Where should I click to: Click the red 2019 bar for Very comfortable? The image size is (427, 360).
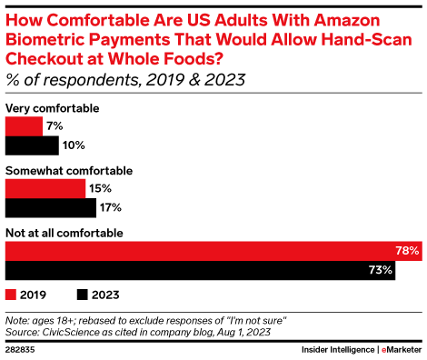tap(24, 126)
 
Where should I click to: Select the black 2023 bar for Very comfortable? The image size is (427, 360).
tap(32, 145)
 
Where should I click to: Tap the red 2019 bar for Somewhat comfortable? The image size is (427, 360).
tap(45, 188)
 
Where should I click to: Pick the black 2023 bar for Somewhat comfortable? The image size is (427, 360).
tap(51, 206)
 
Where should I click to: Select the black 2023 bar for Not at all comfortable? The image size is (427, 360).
tap(200, 270)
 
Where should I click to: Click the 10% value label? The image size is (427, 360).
tap(74, 145)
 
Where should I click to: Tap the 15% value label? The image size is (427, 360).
tap(101, 188)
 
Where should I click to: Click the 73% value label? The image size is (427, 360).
tap(381, 270)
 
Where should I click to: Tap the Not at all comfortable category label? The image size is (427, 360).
tap(65, 234)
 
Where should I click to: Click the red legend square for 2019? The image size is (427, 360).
tap(12, 294)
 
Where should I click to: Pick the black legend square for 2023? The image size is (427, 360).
tap(83, 294)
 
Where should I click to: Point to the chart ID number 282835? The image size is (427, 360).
tap(21, 348)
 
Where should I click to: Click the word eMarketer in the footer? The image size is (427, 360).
tap(395, 348)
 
